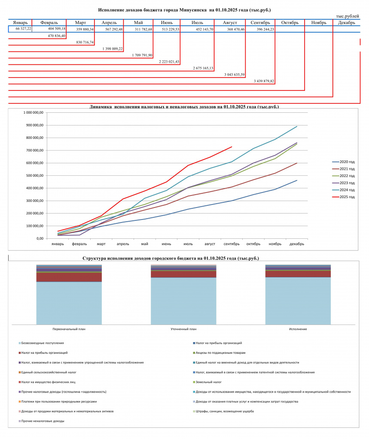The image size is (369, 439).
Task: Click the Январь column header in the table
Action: [x=20, y=23]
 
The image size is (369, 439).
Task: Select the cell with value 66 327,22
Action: [x=23, y=29]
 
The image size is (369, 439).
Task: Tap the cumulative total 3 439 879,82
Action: [x=264, y=81]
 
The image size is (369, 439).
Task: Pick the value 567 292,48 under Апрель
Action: [x=114, y=29]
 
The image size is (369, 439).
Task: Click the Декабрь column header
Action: [x=347, y=23]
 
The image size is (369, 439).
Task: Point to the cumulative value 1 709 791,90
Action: [x=142, y=55]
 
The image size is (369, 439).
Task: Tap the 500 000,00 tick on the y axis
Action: [x=34, y=175]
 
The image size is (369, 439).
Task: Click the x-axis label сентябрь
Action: [x=232, y=244]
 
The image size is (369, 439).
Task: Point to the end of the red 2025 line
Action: [x=232, y=147]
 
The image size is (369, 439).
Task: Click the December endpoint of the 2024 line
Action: [x=297, y=126]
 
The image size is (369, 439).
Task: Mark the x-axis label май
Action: [x=144, y=244]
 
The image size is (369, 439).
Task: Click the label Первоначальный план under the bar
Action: [x=69, y=329]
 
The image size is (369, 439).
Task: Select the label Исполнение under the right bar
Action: [x=298, y=329]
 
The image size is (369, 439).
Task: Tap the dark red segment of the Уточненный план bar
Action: [x=183, y=274]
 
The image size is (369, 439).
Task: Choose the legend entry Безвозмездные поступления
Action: [x=41, y=343]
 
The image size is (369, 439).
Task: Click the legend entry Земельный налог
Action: [x=207, y=382]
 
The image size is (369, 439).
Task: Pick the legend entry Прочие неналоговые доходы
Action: [x=41, y=421]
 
